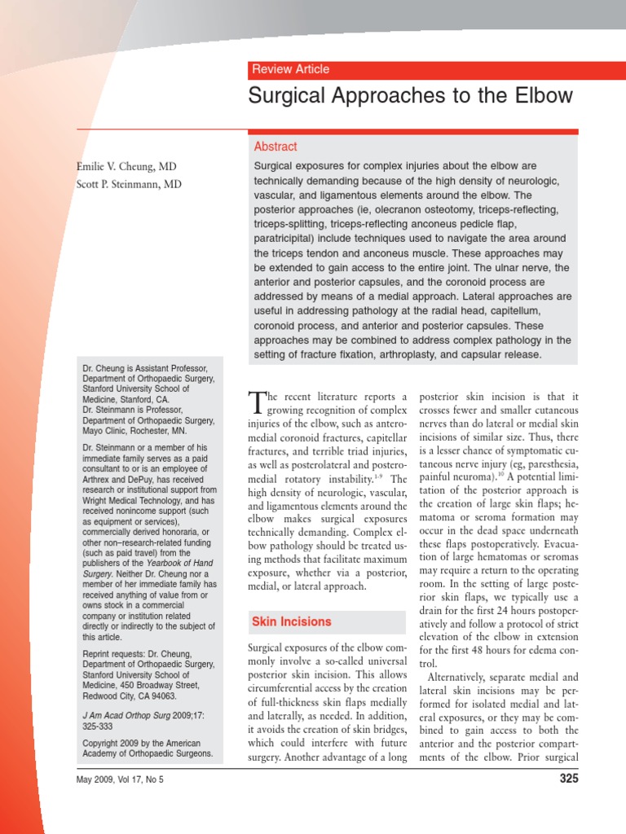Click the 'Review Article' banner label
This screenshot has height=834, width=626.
(x=291, y=69)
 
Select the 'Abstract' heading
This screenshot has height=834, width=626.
(x=276, y=147)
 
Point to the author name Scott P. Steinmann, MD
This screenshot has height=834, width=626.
(x=129, y=184)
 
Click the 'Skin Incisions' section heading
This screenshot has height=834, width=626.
(x=292, y=621)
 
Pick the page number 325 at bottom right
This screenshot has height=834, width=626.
(x=568, y=779)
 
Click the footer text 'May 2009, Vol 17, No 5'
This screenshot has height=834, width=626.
(x=119, y=780)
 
